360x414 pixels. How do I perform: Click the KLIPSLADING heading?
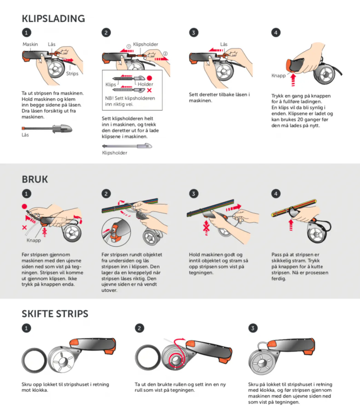(x=53, y=19)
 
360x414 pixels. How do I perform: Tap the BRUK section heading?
(x=35, y=179)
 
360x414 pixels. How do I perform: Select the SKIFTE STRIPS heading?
(x=55, y=314)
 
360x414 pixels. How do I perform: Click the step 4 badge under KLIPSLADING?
(x=276, y=32)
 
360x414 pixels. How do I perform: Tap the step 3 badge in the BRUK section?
(x=193, y=194)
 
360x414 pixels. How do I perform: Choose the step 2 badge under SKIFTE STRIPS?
(x=140, y=328)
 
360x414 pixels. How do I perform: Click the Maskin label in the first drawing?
(x=30, y=44)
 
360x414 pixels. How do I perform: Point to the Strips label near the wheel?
(x=72, y=73)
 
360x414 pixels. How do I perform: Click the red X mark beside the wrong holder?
(x=149, y=90)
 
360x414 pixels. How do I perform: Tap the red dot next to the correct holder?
(x=149, y=78)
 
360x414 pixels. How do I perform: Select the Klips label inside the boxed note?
(x=111, y=85)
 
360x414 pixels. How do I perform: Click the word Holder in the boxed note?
(x=146, y=84)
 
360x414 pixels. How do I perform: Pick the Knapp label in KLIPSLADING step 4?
(x=279, y=76)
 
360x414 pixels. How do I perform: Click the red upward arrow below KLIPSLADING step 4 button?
(x=293, y=80)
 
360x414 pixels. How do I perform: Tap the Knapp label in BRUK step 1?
(x=33, y=240)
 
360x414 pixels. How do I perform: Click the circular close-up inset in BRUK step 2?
(x=116, y=232)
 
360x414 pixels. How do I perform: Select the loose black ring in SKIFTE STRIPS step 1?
(x=34, y=361)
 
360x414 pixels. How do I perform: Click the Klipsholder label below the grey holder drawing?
(x=115, y=153)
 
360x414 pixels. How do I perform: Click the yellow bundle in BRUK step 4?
(x=294, y=208)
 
